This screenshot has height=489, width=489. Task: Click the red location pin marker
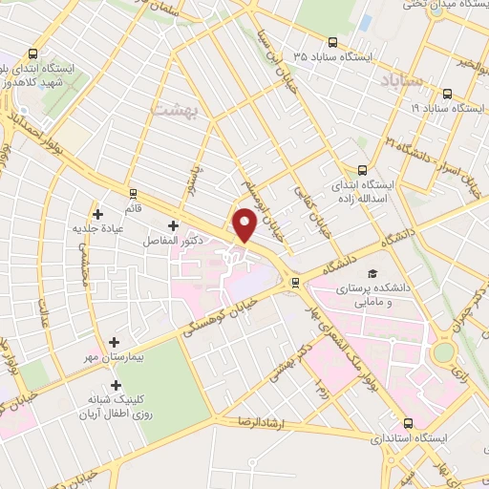point(245,226)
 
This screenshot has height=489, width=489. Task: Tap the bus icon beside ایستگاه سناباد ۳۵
point(332,42)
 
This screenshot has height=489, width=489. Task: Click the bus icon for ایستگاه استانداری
point(408,422)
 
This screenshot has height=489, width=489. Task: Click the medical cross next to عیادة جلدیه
point(97,213)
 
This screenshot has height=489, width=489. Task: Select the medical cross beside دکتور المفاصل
point(172,226)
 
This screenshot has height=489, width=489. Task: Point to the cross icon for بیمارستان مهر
point(116,341)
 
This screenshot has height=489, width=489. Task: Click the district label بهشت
point(172,112)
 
